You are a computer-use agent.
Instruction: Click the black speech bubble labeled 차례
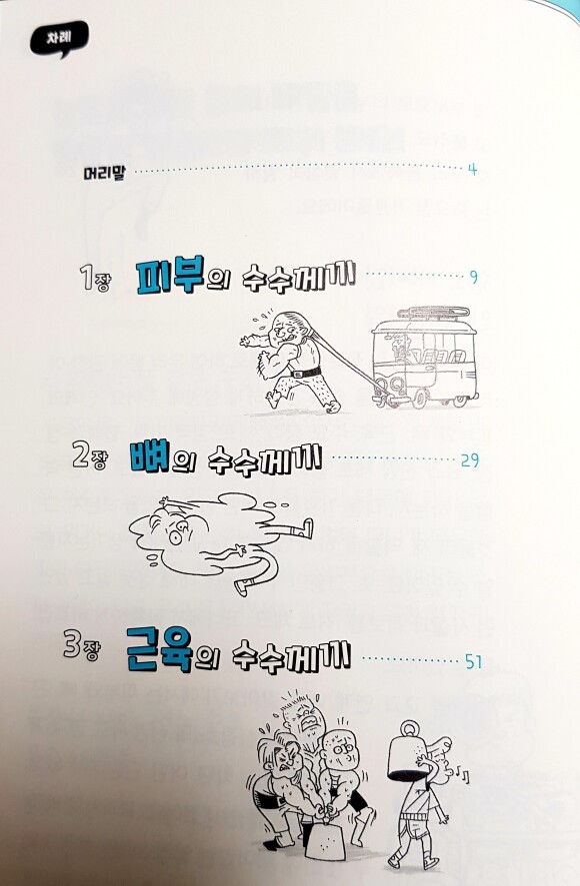click(x=59, y=40)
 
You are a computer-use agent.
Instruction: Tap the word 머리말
click(x=104, y=171)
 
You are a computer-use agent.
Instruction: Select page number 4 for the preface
click(x=473, y=169)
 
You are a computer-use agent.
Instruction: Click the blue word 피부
click(x=170, y=275)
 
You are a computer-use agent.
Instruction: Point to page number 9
click(x=474, y=277)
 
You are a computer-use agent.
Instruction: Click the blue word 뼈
click(x=149, y=456)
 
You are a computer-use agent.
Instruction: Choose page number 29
click(x=470, y=459)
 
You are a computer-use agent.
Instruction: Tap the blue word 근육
click(x=160, y=650)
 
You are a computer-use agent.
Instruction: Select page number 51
click(x=473, y=661)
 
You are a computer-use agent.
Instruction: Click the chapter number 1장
click(x=95, y=279)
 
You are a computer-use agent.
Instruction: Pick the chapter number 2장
click(x=89, y=455)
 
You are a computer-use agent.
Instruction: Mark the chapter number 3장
click(x=81, y=646)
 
